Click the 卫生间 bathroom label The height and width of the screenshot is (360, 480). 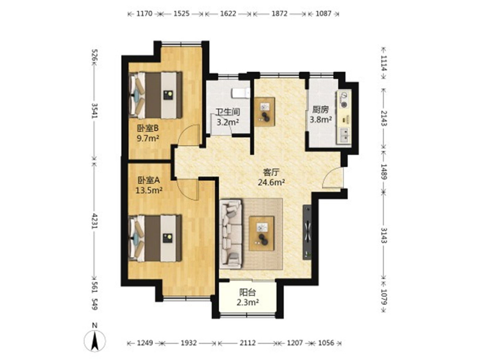pos(228,112)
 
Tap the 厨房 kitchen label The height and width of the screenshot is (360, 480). pos(320,110)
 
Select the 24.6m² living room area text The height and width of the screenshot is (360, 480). pos(271,182)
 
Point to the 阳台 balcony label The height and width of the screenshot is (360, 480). pos(248,292)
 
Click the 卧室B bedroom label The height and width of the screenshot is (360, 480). pos(148,128)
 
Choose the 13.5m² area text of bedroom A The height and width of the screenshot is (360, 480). pos(149,190)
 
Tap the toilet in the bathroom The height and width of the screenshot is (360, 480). pos(241,93)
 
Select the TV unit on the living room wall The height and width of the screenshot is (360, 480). pos(307,232)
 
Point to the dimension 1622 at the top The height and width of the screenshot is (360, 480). pos(228,14)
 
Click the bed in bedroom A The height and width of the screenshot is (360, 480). pos(155,238)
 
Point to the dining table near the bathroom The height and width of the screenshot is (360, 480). pos(264,112)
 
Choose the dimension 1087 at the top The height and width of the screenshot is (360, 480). pos(324,14)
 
